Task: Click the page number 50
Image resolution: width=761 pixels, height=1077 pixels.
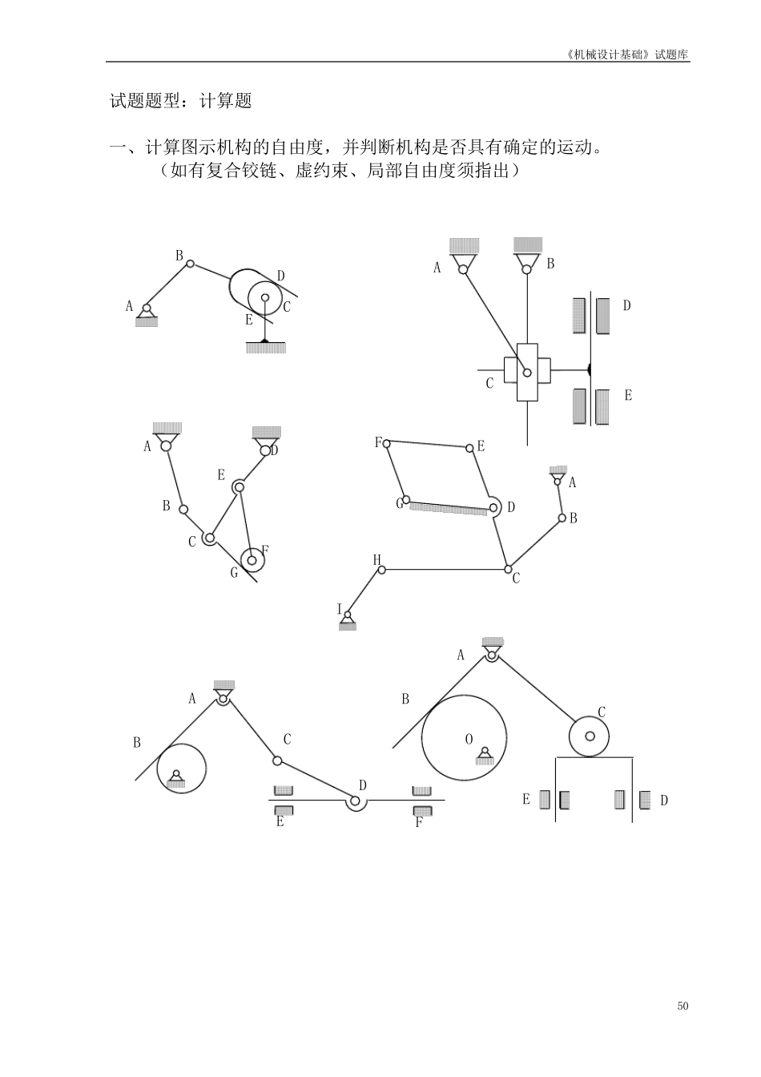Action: [682, 1006]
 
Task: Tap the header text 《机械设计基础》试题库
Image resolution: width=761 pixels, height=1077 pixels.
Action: [626, 55]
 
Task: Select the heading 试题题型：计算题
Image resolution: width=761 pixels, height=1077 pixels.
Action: [180, 101]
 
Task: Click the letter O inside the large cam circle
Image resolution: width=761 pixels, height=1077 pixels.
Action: [469, 739]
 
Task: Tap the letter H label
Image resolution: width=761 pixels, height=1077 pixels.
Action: [376, 559]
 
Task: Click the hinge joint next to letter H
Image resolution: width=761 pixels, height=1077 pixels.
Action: [382, 570]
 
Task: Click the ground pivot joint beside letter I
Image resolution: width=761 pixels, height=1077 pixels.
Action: [347, 615]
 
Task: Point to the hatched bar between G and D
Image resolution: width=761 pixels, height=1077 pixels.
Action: [449, 506]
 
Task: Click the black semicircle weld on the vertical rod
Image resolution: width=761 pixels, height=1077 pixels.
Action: [589, 370]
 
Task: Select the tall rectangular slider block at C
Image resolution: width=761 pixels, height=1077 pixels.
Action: [527, 373]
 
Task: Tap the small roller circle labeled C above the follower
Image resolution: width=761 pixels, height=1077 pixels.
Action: [589, 736]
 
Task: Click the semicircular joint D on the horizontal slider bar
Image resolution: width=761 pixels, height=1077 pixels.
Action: [356, 801]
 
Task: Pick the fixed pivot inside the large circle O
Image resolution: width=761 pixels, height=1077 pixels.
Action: [483, 753]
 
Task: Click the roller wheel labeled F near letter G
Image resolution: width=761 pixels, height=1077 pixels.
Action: [252, 559]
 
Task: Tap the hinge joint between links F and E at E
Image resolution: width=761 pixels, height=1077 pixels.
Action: [470, 448]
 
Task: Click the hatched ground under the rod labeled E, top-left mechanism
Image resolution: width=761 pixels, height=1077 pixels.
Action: [265, 347]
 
